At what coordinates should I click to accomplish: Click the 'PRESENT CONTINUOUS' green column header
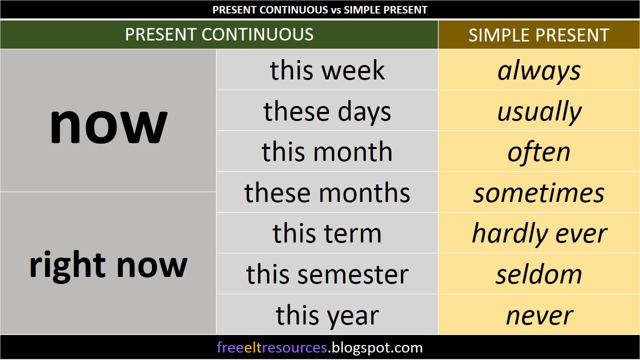[x=219, y=34]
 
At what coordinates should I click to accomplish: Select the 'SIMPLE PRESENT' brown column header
[x=538, y=35]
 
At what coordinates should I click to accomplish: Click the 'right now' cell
[x=108, y=264]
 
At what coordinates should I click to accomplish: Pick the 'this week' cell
[x=327, y=70]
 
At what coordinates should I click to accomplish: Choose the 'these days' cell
[x=327, y=111]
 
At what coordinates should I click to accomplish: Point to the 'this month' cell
[x=327, y=152]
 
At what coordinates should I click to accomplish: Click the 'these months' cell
[x=327, y=193]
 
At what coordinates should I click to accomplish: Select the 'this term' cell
[x=327, y=233]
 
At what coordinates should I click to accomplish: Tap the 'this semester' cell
[x=327, y=274]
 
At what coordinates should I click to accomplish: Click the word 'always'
[x=538, y=70]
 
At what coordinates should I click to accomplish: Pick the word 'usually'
[x=538, y=111]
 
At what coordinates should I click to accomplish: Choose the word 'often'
[x=538, y=152]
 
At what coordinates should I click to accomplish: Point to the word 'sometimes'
[x=538, y=193]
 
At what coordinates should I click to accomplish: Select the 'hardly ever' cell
[x=538, y=233]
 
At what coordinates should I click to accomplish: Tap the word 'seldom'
[x=538, y=274]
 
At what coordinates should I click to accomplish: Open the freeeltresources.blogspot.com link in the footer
[x=319, y=347]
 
